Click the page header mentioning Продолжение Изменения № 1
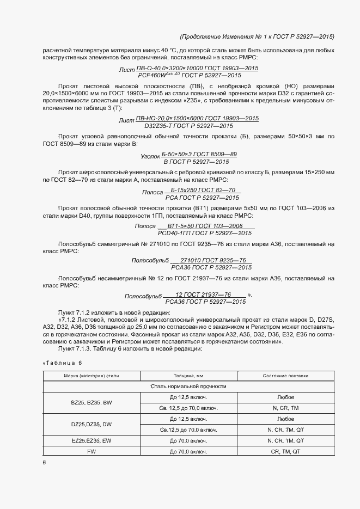pos(257,36)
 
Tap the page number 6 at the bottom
pos(44,462)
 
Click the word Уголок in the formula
pos(150,155)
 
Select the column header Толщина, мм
pos(188,376)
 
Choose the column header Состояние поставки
pos(285,376)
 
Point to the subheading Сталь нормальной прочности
pos(188,386)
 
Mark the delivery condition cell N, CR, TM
pos(285,408)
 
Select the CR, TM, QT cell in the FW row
pos(285,452)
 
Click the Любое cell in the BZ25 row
pos(285,397)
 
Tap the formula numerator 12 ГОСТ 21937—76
pos(204,294)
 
